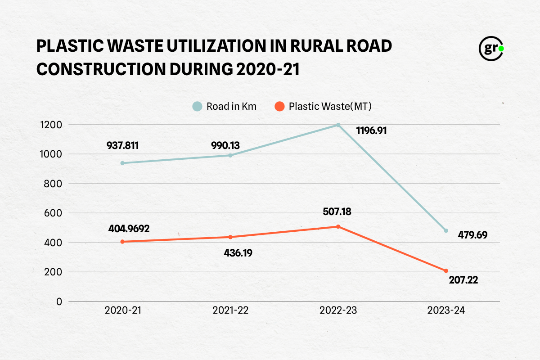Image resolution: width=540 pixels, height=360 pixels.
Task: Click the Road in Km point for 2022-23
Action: (338, 125)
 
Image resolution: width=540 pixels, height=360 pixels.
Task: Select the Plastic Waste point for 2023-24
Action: (446, 271)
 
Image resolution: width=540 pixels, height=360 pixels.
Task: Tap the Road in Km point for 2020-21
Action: (122, 163)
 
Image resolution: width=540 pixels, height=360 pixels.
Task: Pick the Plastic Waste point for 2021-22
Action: (230, 237)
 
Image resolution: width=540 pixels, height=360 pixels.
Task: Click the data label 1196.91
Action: (371, 131)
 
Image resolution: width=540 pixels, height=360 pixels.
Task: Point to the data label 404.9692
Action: (129, 228)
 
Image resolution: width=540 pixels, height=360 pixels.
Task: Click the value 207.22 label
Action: (463, 280)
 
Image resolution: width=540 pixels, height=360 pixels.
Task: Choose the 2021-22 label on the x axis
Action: (230, 310)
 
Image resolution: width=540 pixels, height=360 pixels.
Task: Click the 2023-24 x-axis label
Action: (445, 310)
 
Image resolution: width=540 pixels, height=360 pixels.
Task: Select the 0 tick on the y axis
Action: (59, 301)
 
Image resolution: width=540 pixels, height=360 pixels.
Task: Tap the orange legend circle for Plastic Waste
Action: (280, 107)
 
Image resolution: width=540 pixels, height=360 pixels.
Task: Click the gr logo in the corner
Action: (491, 48)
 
